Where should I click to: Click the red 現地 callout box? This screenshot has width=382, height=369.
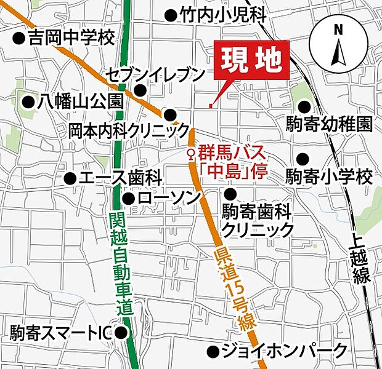click(252, 61)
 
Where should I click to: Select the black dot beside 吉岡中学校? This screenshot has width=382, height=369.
click(18, 39)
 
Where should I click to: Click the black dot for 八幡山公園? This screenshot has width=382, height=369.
click(27, 101)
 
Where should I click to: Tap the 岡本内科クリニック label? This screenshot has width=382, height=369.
click(129, 130)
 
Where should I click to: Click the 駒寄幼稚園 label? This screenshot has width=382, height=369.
click(329, 124)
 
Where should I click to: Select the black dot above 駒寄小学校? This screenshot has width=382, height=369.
click(302, 158)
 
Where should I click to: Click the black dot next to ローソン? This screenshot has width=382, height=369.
click(128, 199)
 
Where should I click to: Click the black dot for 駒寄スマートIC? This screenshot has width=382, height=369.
click(122, 333)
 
